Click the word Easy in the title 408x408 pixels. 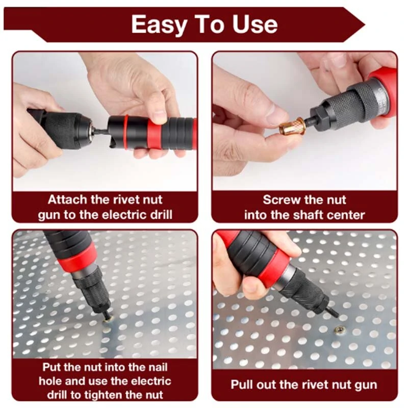point(159,24)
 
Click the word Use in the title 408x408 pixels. point(254,24)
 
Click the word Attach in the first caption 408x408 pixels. point(67,199)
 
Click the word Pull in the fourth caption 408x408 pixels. point(241,385)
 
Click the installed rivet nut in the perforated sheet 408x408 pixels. point(339,329)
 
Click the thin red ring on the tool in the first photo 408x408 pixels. point(125,133)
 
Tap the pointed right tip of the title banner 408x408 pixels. point(365,25)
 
